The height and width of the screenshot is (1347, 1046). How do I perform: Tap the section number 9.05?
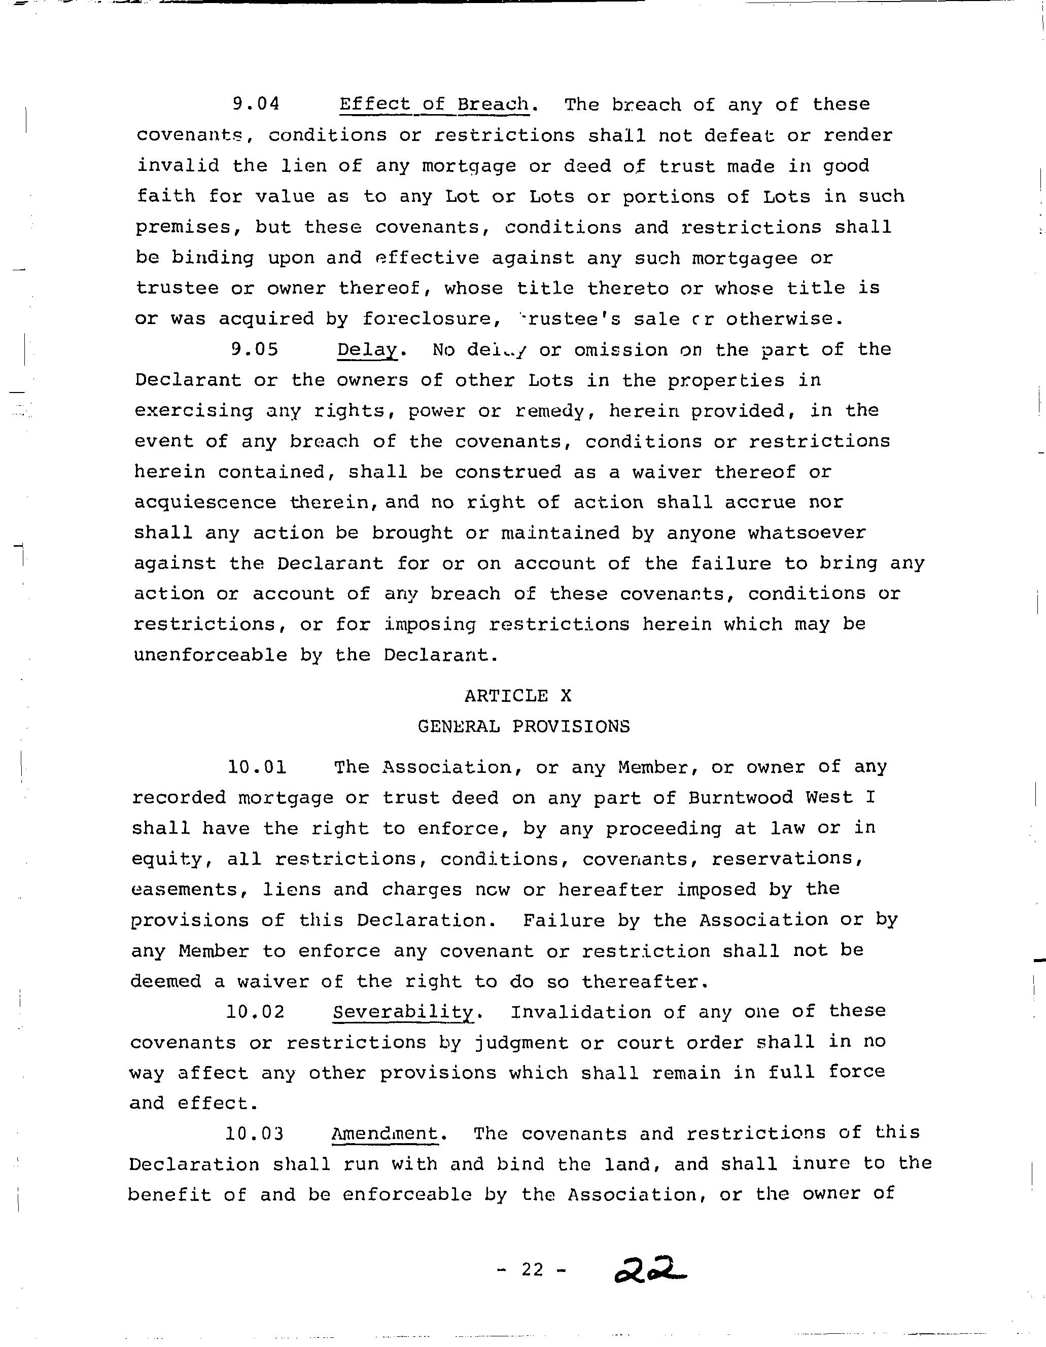pyautogui.click(x=255, y=350)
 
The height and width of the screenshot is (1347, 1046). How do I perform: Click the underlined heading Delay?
pyautogui.click(x=367, y=350)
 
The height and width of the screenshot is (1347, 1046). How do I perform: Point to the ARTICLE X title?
pyautogui.click(x=518, y=696)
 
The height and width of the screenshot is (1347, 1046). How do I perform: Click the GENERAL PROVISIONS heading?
pyautogui.click(x=524, y=727)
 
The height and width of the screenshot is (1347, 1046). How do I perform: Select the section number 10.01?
pyautogui.click(x=257, y=767)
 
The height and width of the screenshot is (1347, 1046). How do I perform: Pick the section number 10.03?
pyautogui.click(x=254, y=1133)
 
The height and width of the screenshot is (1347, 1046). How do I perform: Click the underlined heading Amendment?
pyautogui.click(x=385, y=1133)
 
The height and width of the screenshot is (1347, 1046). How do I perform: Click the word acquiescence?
pyautogui.click(x=205, y=503)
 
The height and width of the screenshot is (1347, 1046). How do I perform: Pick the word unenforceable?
pyautogui.click(x=211, y=655)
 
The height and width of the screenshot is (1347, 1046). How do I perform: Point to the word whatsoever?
pyautogui.click(x=807, y=533)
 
